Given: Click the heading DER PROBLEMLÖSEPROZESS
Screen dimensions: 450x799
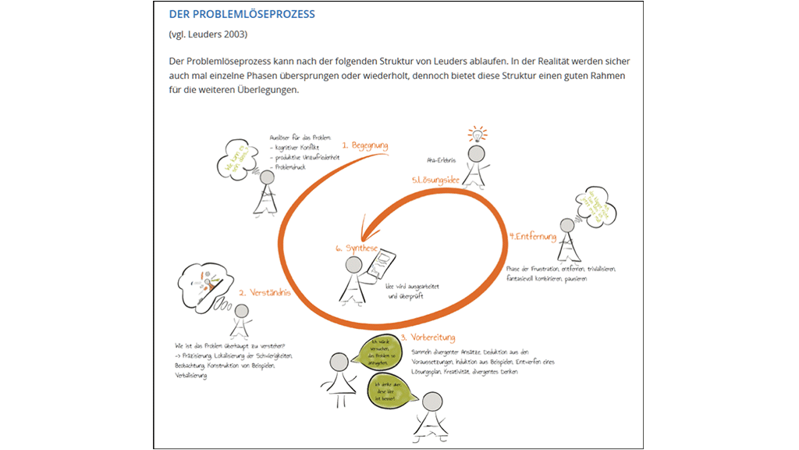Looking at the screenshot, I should point(242,15).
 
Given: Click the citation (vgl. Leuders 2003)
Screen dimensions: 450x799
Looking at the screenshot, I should point(208,35).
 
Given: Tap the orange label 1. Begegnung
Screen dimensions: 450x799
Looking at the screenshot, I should point(364,146).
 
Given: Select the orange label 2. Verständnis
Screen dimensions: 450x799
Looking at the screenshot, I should point(265,293).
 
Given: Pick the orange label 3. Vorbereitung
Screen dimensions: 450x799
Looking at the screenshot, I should point(428,338).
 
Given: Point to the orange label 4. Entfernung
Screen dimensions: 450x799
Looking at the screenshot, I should point(532,236).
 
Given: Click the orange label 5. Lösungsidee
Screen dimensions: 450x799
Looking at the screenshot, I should point(435,180).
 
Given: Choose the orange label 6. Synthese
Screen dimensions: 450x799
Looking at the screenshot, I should point(357,248).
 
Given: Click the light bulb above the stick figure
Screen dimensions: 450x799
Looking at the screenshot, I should point(476,134).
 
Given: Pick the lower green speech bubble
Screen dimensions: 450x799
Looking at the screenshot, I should point(390,387).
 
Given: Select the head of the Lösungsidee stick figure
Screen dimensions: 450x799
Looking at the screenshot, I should point(475,155).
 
